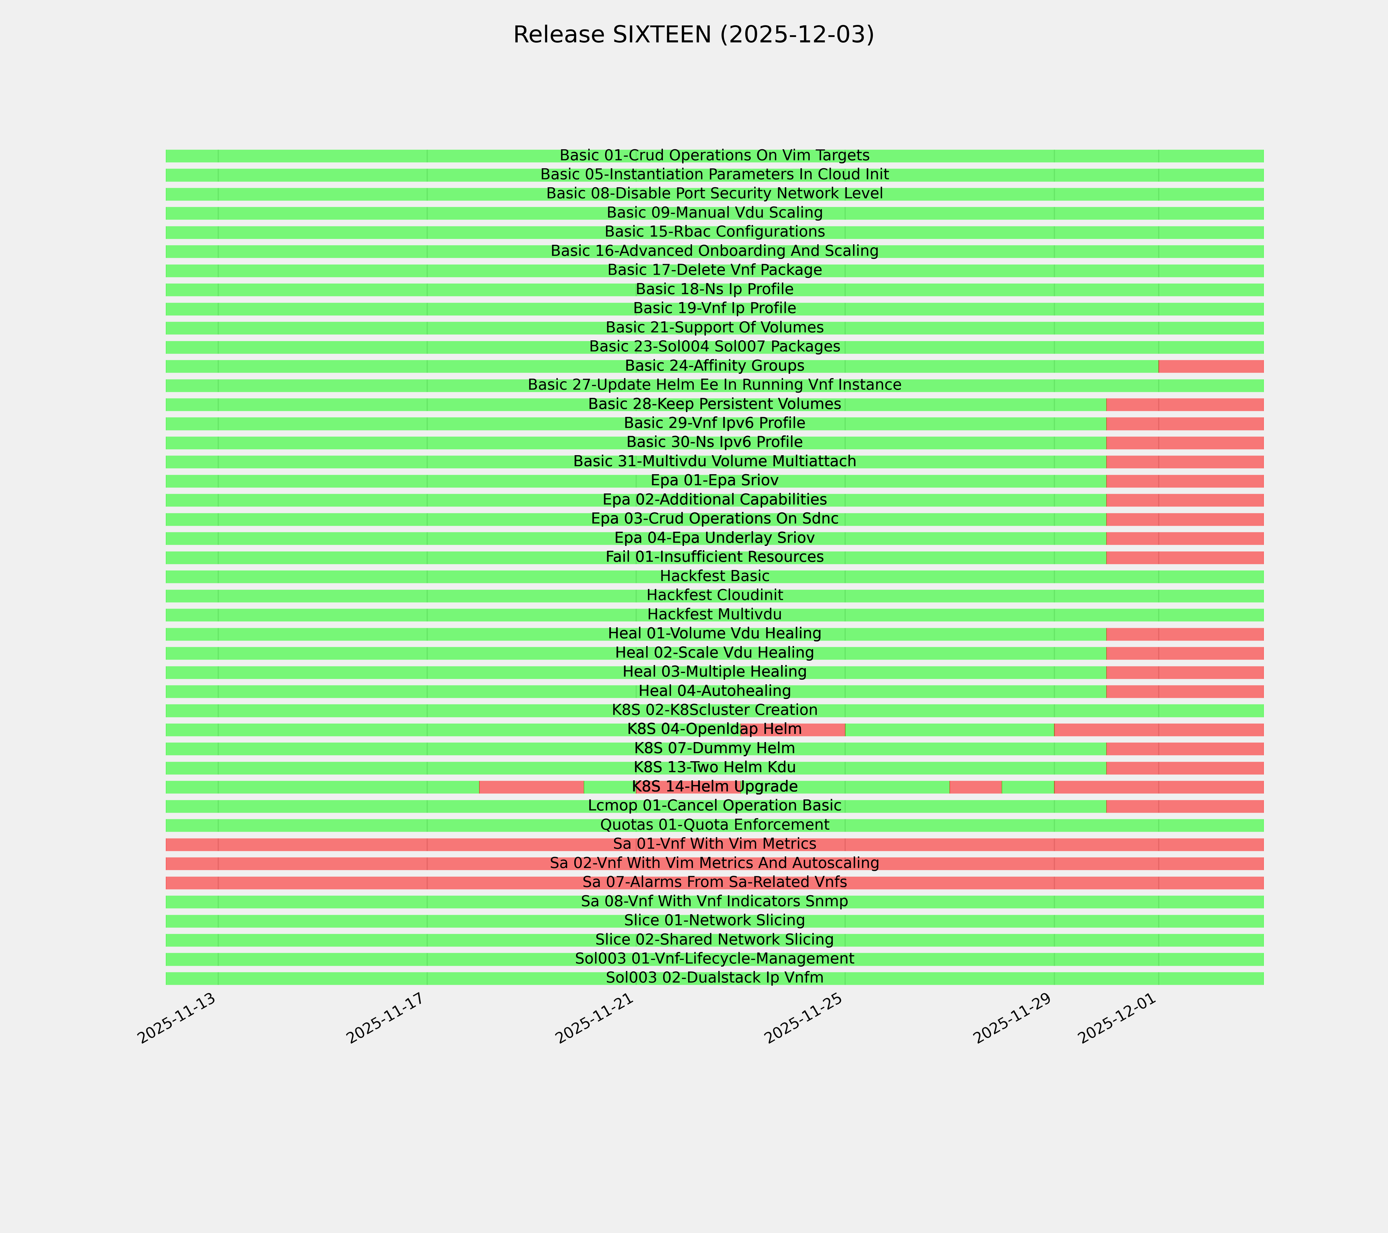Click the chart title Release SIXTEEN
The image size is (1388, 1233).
pyautogui.click(x=693, y=35)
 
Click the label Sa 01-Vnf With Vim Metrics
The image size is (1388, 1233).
pyautogui.click(x=714, y=844)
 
